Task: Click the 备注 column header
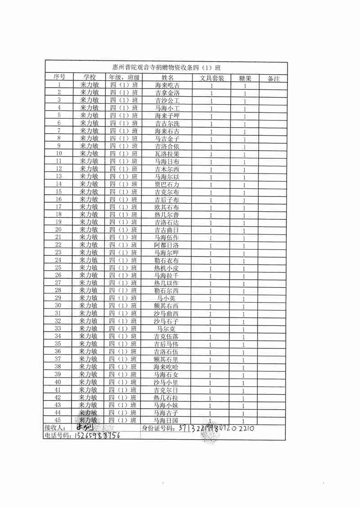274,78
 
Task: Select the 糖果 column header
245,78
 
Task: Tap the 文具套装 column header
211,78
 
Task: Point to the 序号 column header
59,77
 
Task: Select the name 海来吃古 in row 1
167,85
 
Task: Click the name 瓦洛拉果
167,154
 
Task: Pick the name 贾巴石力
167,184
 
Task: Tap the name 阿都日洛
167,245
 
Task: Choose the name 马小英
167,298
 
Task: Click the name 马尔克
167,329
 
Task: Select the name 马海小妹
167,405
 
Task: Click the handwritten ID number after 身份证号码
217,428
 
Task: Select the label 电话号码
57,436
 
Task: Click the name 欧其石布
167,207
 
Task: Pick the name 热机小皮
167,268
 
